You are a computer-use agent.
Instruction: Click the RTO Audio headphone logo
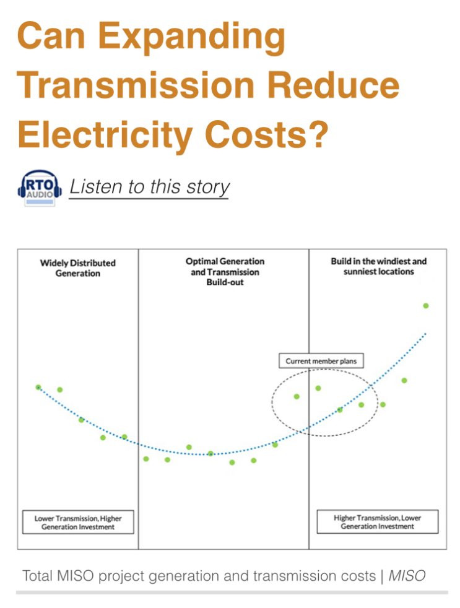40,188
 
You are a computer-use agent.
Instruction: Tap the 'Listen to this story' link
149,187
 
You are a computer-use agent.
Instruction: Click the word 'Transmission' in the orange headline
136,85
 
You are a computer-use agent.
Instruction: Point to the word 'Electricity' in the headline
105,134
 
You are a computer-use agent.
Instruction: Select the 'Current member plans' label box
321,361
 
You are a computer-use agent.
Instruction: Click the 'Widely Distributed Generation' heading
77,268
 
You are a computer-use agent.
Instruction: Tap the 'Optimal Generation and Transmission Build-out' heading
225,272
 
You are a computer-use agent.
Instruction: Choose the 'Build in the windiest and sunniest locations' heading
378,266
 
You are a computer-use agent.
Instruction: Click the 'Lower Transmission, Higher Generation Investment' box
78,523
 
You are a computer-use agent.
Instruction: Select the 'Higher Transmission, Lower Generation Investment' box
378,522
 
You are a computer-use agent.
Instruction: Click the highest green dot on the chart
426,306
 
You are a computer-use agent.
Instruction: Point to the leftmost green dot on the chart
38,387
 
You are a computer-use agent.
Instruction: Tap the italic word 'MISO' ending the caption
407,576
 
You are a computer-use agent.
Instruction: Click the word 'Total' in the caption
37,576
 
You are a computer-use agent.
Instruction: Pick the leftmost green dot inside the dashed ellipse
297,396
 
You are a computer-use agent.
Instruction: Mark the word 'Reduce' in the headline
334,85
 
